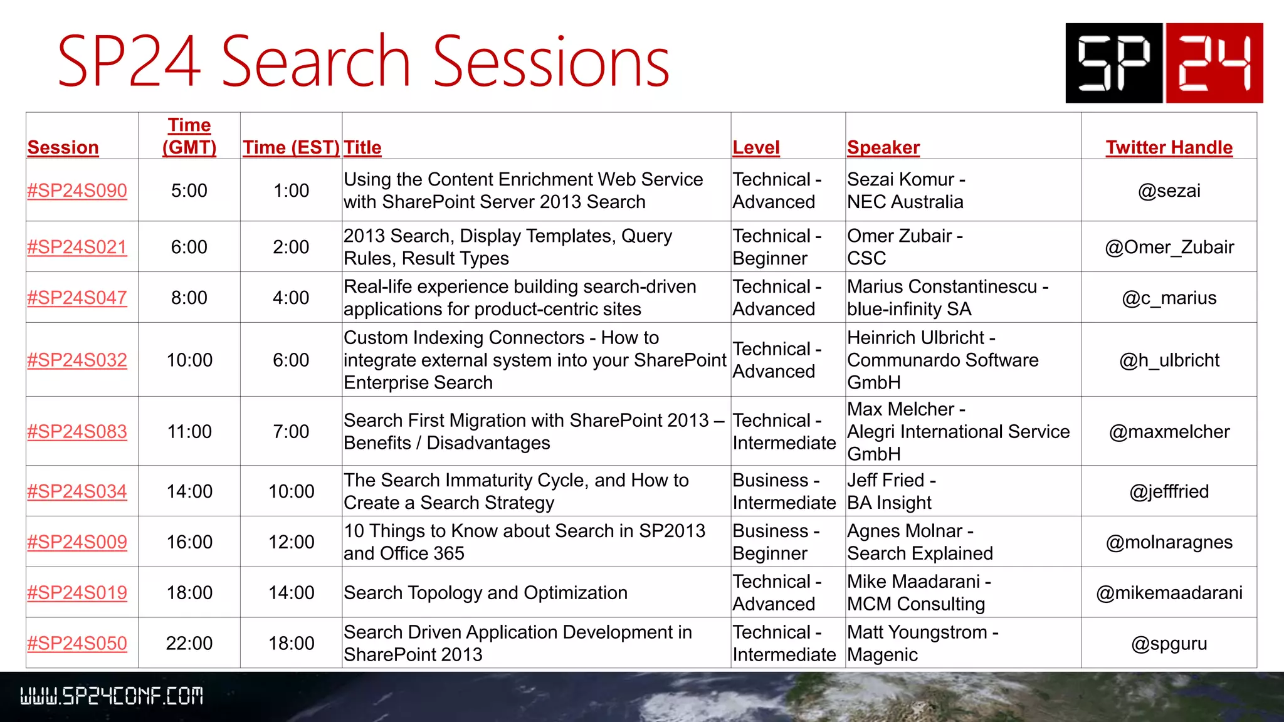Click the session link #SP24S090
[77, 191]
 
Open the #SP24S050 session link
[77, 643]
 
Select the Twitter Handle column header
[1169, 147]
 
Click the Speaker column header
[883, 147]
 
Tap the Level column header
[756, 147]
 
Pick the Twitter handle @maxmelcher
[1169, 431]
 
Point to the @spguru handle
[1169, 643]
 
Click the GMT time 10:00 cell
[189, 360]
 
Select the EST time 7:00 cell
[291, 431]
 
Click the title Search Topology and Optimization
[485, 592]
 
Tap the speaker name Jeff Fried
[886, 480]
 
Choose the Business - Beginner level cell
[776, 541]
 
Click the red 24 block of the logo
[1214, 63]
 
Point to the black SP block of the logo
[1114, 63]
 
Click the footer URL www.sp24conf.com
[112, 696]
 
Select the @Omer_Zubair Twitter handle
[1169, 247]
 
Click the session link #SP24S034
[77, 491]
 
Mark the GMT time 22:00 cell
[189, 643]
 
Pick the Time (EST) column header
[291, 147]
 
